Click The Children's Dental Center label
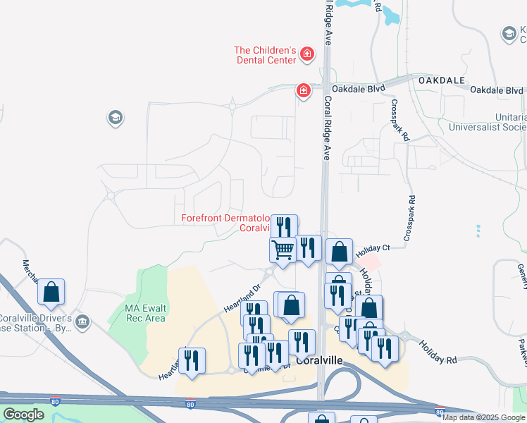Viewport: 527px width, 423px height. click(265, 55)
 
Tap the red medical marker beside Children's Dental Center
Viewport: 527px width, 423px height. click(307, 54)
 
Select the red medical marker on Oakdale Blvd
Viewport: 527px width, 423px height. click(304, 91)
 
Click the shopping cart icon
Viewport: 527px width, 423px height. click(283, 249)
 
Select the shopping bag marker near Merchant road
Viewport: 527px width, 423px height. click(51, 291)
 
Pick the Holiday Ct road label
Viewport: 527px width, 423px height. click(373, 248)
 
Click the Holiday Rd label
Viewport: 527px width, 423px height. click(438, 350)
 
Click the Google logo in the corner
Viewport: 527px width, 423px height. click(23, 415)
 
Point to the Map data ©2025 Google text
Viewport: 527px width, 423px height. click(483, 417)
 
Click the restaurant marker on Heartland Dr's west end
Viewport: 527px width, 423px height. click(192, 360)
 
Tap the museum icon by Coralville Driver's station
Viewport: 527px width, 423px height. click(83, 322)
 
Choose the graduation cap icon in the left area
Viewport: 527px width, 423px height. click(116, 118)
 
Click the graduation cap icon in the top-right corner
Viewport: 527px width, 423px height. click(509, 33)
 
